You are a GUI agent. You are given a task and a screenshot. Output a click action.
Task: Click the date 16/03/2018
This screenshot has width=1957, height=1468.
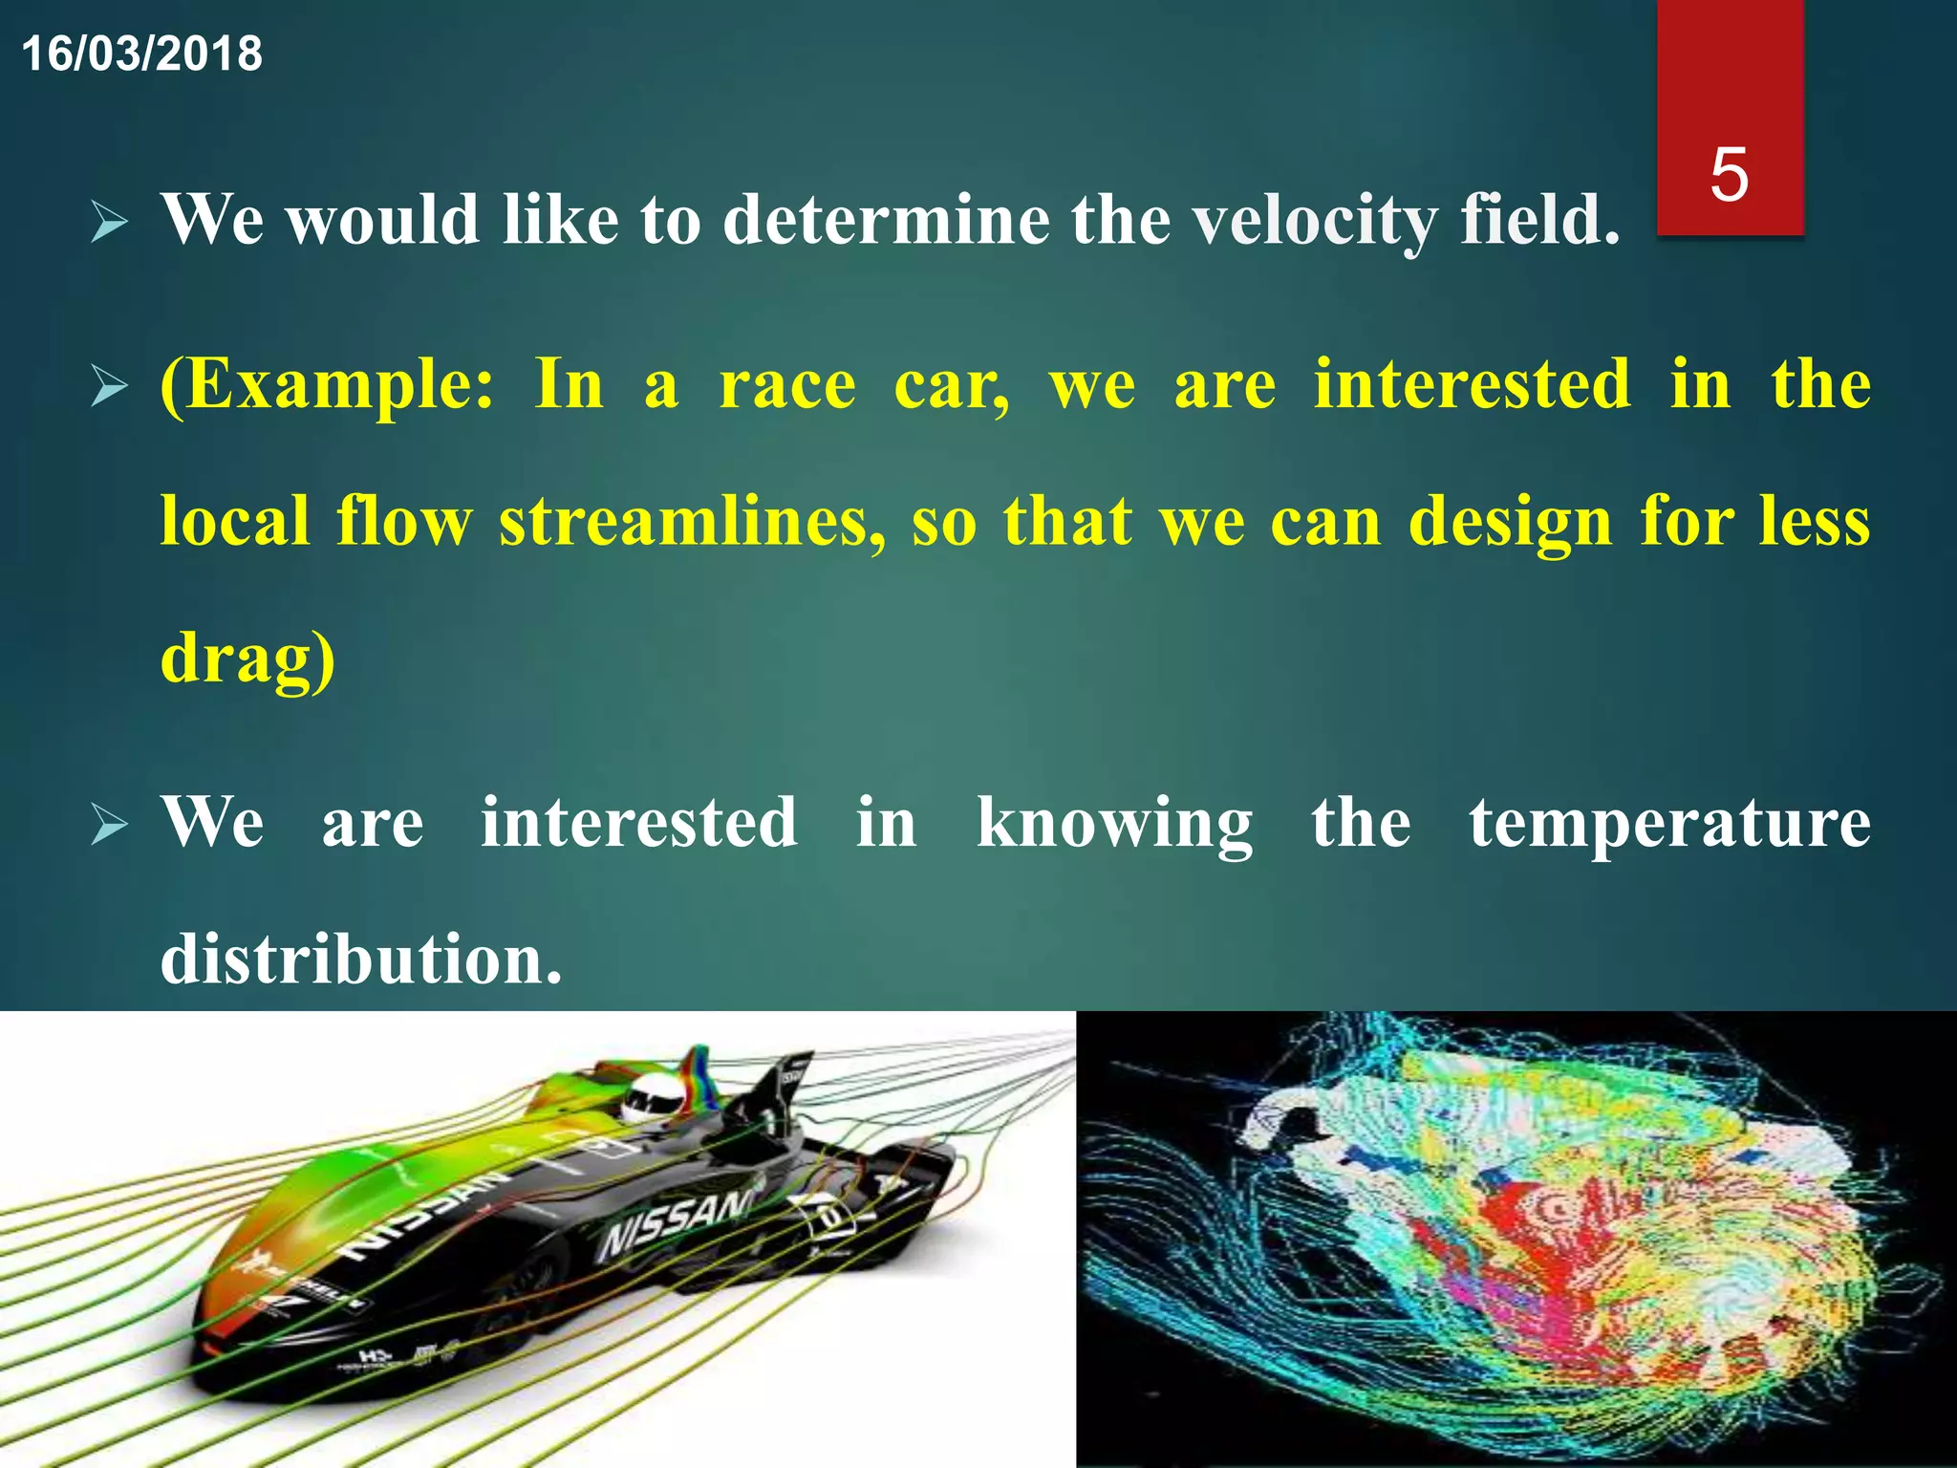141,54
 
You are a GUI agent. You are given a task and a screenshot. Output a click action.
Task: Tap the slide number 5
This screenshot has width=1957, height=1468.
1730,175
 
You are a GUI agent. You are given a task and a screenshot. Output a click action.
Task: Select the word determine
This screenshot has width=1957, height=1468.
886,220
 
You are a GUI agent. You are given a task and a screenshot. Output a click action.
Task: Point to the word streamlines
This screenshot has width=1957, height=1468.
692,522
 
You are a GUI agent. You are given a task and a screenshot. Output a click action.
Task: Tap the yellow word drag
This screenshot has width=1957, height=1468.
247,659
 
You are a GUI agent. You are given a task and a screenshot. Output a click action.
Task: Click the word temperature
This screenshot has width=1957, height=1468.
1669,824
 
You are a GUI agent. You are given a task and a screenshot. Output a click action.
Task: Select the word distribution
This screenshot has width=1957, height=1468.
360,960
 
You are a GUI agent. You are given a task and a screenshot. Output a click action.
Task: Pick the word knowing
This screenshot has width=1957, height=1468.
1114,824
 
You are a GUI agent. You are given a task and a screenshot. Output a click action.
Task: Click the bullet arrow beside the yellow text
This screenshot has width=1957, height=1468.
110,388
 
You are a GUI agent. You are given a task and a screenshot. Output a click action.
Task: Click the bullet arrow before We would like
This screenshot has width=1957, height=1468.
110,224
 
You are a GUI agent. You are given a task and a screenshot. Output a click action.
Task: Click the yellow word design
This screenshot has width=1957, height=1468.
1510,524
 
